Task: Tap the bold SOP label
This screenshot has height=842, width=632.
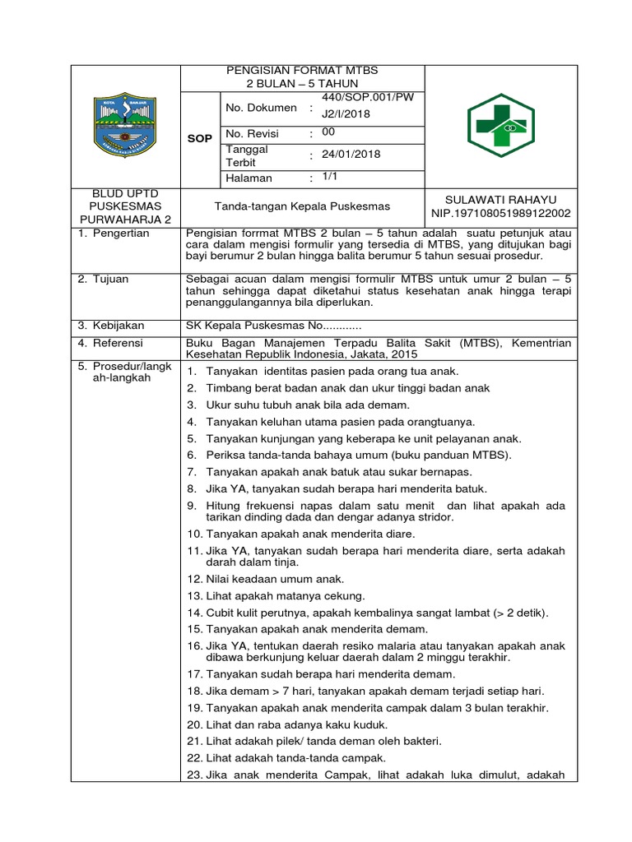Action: (199, 138)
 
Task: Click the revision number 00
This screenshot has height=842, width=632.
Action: (328, 132)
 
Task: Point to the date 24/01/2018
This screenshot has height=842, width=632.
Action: (351, 155)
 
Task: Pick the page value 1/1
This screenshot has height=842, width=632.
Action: (330, 177)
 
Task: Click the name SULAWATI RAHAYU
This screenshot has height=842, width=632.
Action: (500, 201)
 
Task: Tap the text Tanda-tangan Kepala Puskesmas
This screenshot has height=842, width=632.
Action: (302, 206)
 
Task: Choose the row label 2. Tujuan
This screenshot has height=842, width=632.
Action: (105, 280)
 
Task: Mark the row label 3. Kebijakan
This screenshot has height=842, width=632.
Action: (111, 326)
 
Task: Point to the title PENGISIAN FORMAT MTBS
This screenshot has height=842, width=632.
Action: (302, 70)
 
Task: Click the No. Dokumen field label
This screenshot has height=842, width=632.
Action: (261, 108)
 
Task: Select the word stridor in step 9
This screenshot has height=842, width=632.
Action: (432, 517)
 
